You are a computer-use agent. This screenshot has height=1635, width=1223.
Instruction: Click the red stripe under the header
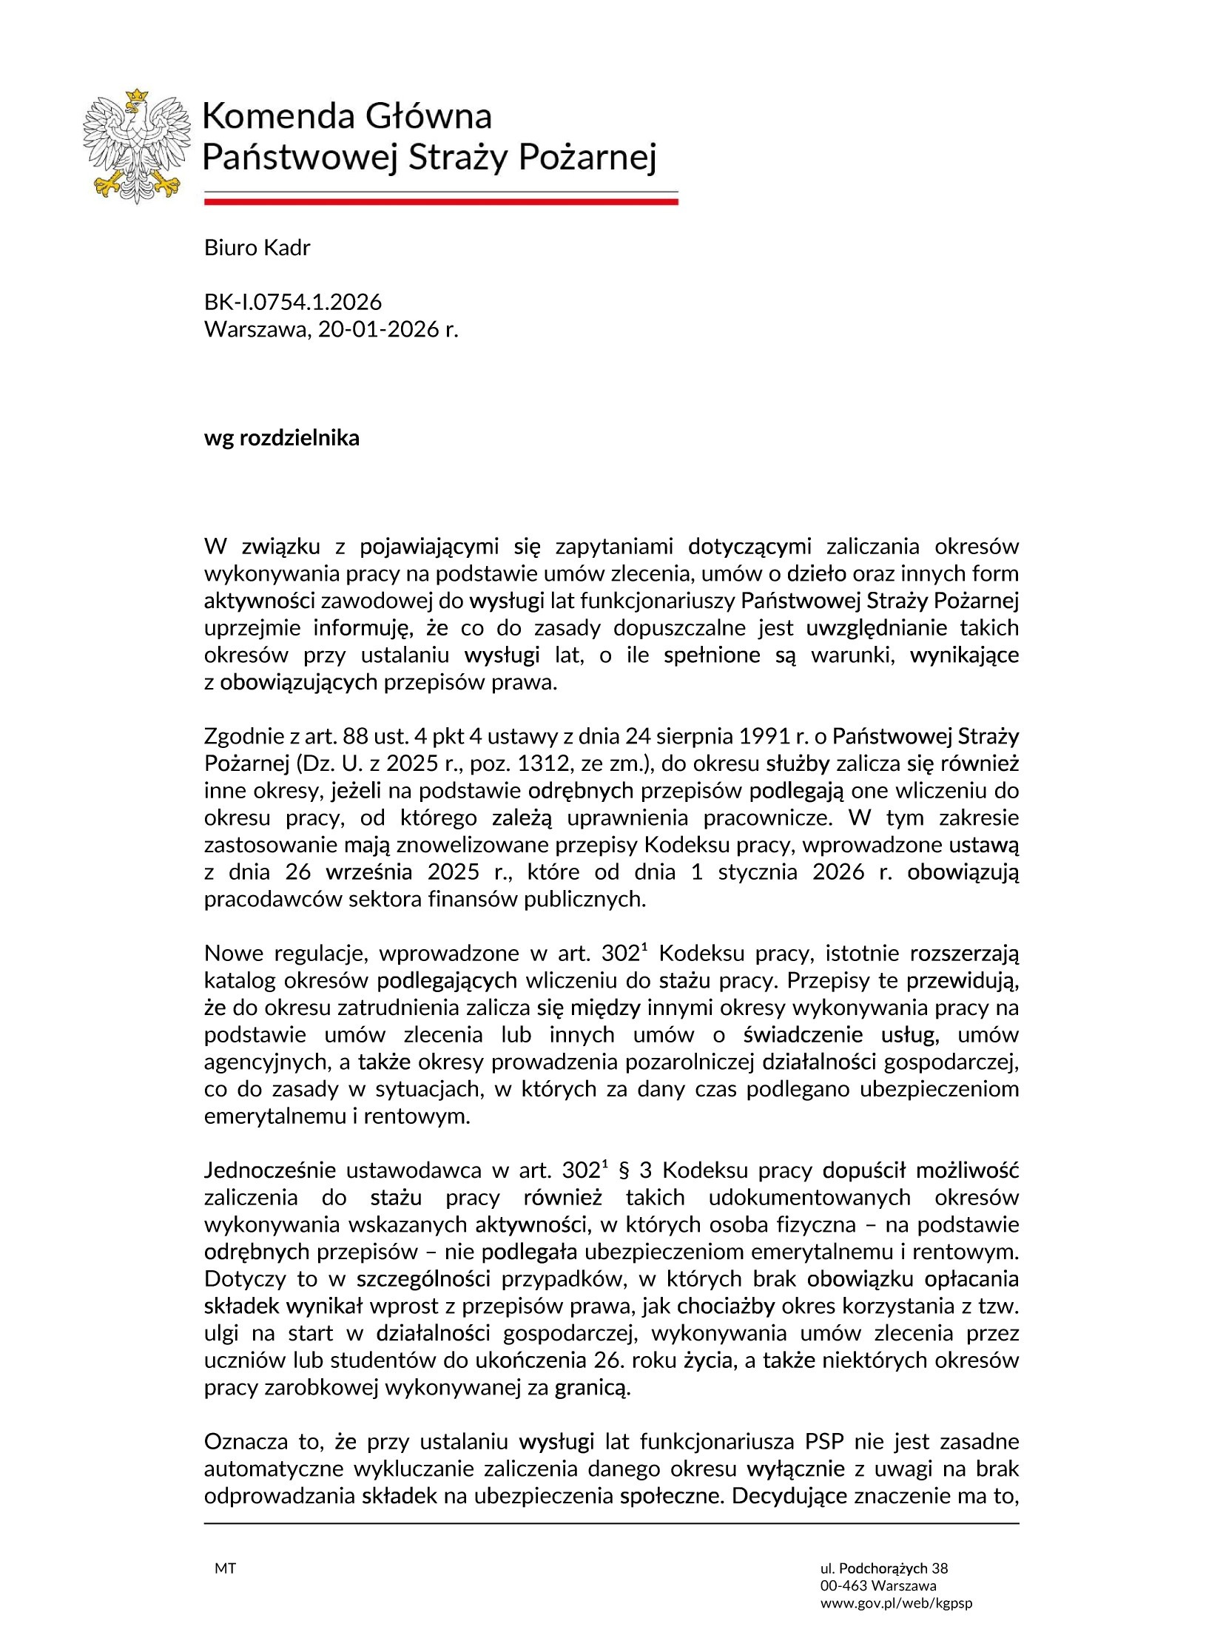click(440, 201)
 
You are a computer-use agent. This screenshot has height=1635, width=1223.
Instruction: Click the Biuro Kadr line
click(257, 248)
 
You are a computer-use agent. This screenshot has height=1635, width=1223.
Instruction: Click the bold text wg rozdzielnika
click(281, 438)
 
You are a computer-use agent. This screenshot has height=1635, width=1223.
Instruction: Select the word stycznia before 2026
click(748, 872)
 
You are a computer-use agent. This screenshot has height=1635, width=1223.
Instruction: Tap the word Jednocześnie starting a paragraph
click(269, 1171)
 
